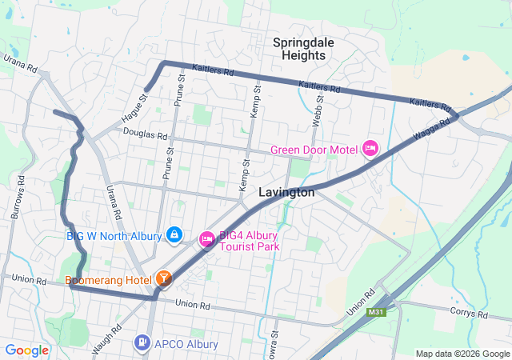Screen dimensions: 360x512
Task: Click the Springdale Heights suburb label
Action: coord(299,48)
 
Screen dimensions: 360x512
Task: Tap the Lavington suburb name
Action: coord(286,193)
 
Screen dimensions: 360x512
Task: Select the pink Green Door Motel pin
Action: coord(370,148)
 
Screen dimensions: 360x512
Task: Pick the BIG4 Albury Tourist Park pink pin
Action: coord(206,238)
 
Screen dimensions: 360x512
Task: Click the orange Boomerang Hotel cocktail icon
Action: coord(163,278)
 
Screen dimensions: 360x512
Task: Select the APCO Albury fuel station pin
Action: coord(142,343)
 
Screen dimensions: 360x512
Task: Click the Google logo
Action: coord(27,350)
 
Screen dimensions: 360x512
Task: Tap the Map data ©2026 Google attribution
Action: coord(462,354)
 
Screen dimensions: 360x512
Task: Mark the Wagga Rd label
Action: coord(431,128)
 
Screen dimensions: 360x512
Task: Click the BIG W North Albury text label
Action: coord(115,235)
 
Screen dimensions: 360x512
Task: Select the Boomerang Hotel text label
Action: coord(109,280)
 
